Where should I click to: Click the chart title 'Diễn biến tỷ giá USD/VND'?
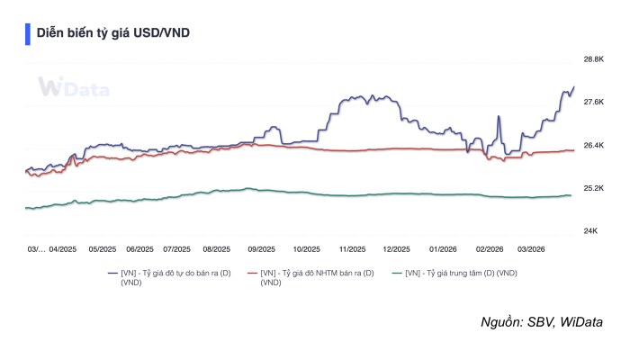point(112,33)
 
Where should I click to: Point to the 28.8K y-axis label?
point(593,59)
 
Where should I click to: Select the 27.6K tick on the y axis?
point(593,102)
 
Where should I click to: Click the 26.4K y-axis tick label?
point(593,145)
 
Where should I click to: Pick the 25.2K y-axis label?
point(593,188)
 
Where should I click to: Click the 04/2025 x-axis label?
point(63,249)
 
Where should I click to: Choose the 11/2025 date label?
point(351,249)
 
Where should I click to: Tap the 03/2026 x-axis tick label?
point(531,249)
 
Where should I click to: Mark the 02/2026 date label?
point(489,249)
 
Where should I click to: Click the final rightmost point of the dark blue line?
point(573,87)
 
